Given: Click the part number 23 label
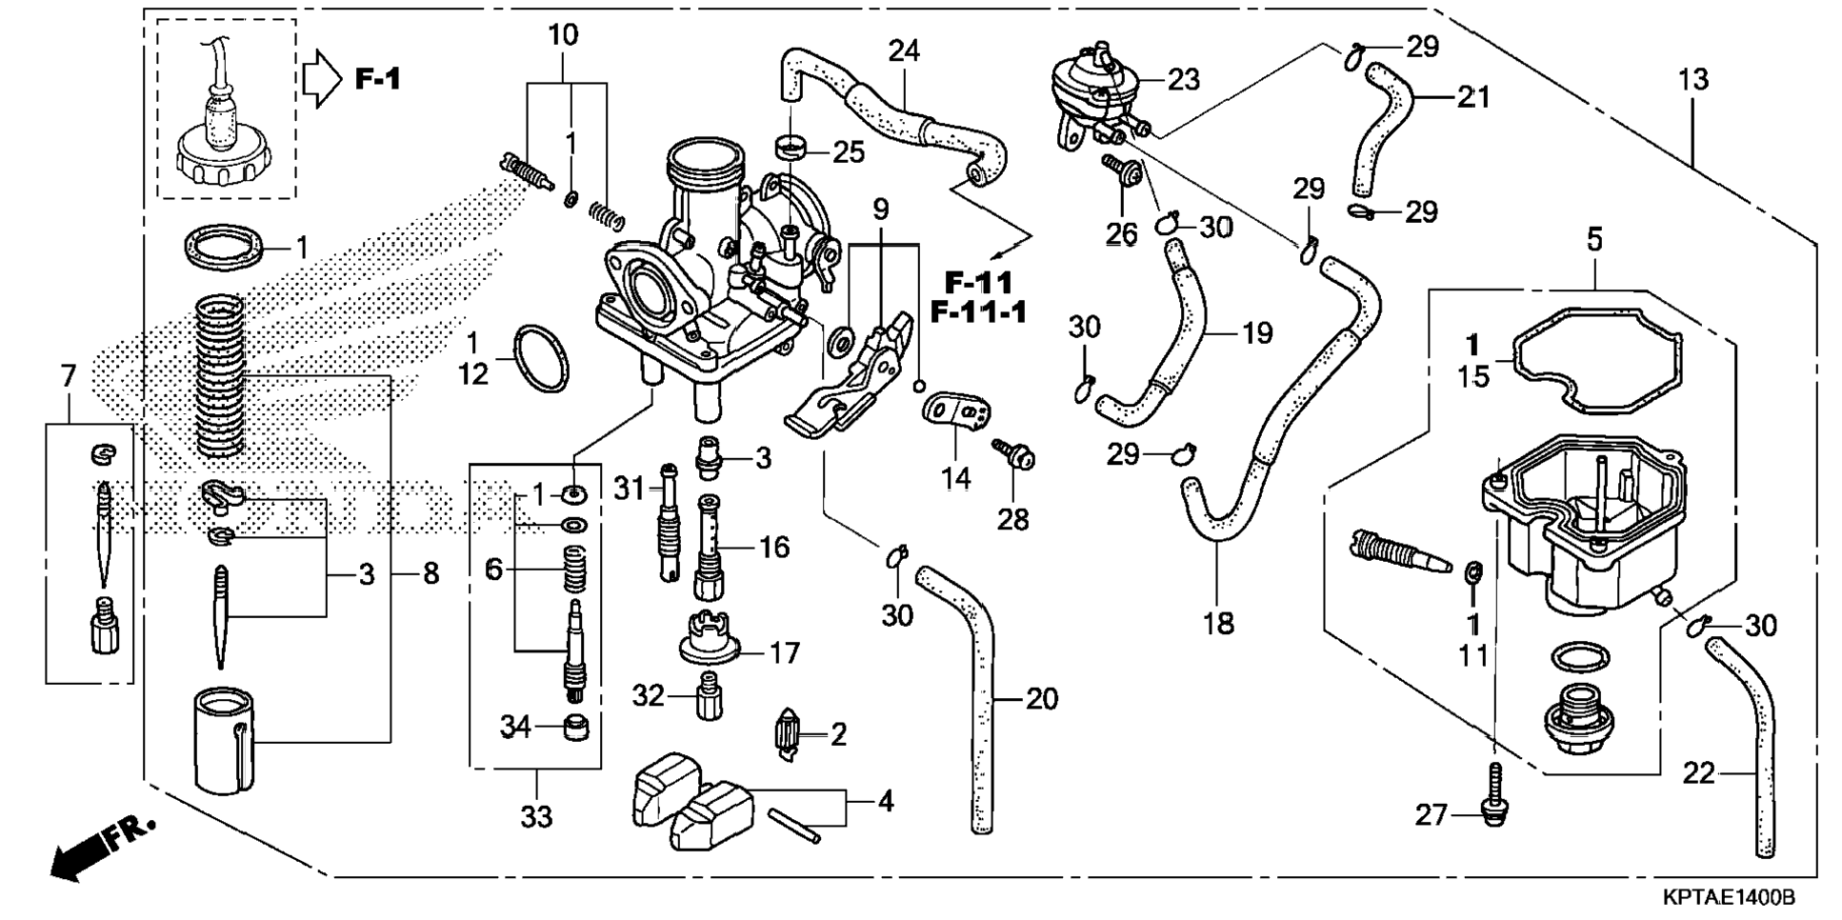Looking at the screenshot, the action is [x=1183, y=80].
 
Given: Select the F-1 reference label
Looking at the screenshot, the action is [x=378, y=78].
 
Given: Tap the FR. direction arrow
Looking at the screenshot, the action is [x=101, y=847].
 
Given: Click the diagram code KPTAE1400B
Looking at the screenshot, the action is [x=1729, y=898].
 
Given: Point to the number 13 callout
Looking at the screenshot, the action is [x=1693, y=80].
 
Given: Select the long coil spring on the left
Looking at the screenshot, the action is [x=220, y=374].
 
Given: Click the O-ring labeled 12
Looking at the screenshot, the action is [x=541, y=360].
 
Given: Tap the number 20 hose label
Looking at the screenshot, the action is [x=1042, y=700].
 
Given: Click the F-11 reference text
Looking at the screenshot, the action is [x=979, y=283].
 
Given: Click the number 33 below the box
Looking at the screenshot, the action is [x=536, y=817].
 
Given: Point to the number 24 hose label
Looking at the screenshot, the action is [x=904, y=50].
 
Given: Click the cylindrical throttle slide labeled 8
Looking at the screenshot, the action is [x=225, y=740].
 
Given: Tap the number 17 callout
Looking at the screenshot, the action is [x=785, y=653].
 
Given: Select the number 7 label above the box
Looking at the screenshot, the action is [x=68, y=377].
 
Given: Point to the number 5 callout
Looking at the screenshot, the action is [x=1594, y=238].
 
